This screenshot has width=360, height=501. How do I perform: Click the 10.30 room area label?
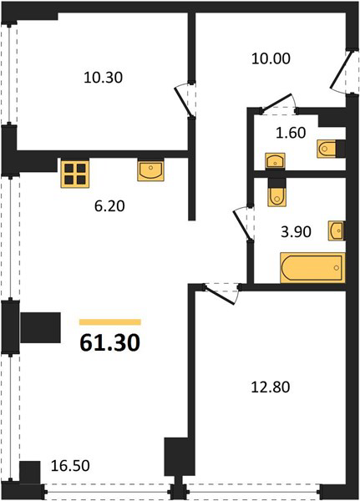click(103, 78)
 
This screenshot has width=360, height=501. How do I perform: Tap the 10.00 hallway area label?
click(271, 58)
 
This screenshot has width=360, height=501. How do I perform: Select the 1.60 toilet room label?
click(291, 133)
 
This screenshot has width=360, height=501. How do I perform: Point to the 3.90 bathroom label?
click(296, 231)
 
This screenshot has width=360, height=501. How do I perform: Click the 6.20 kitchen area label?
click(109, 206)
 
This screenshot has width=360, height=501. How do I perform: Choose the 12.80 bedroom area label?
click(271, 387)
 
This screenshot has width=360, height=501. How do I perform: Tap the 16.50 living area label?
click(70, 466)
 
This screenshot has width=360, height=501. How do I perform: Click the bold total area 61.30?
click(110, 342)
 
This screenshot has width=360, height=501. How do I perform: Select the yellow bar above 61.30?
click(110, 321)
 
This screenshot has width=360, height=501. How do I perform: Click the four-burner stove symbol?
click(75, 174)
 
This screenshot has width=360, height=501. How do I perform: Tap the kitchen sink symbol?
click(151, 171)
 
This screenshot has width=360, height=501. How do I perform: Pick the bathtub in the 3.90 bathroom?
click(312, 268)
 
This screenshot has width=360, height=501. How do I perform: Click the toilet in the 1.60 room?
click(327, 149)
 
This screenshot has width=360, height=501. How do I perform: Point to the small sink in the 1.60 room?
click(276, 160)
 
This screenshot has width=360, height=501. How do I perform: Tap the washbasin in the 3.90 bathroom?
click(337, 230)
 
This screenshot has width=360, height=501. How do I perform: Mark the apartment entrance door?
click(341, 71)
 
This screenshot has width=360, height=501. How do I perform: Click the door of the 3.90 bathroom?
click(241, 224)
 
